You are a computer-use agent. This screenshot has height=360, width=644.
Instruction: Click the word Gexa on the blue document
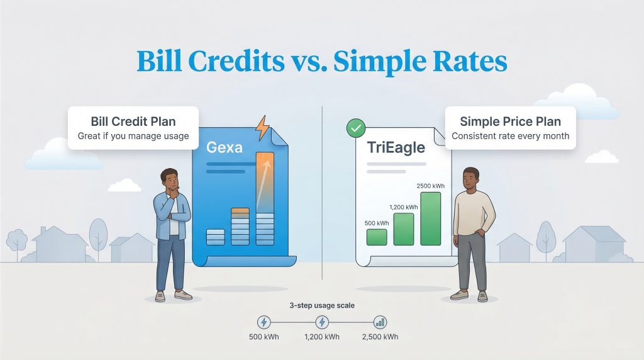(225, 149)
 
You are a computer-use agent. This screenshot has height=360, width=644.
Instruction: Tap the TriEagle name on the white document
(395, 148)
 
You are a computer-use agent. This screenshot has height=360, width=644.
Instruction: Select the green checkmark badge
(356, 130)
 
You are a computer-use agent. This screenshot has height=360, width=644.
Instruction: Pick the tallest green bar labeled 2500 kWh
(430, 218)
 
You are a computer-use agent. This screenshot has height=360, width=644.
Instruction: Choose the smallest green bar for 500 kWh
(376, 237)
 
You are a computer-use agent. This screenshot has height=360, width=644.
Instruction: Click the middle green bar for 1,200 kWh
(403, 228)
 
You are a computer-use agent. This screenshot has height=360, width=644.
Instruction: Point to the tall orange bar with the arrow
(265, 182)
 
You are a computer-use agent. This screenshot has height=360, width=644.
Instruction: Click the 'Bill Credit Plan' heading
(133, 121)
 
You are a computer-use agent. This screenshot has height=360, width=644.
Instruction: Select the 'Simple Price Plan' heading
(510, 121)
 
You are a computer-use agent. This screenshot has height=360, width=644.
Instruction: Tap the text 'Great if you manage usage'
(133, 136)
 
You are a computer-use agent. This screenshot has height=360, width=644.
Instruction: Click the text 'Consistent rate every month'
(510, 136)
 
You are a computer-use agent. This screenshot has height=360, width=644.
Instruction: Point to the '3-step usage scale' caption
(321, 305)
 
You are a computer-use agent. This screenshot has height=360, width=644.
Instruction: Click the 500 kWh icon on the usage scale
(264, 322)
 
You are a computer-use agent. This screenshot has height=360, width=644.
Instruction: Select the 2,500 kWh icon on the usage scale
(380, 322)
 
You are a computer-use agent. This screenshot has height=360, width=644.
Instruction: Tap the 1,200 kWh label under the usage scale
(321, 337)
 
